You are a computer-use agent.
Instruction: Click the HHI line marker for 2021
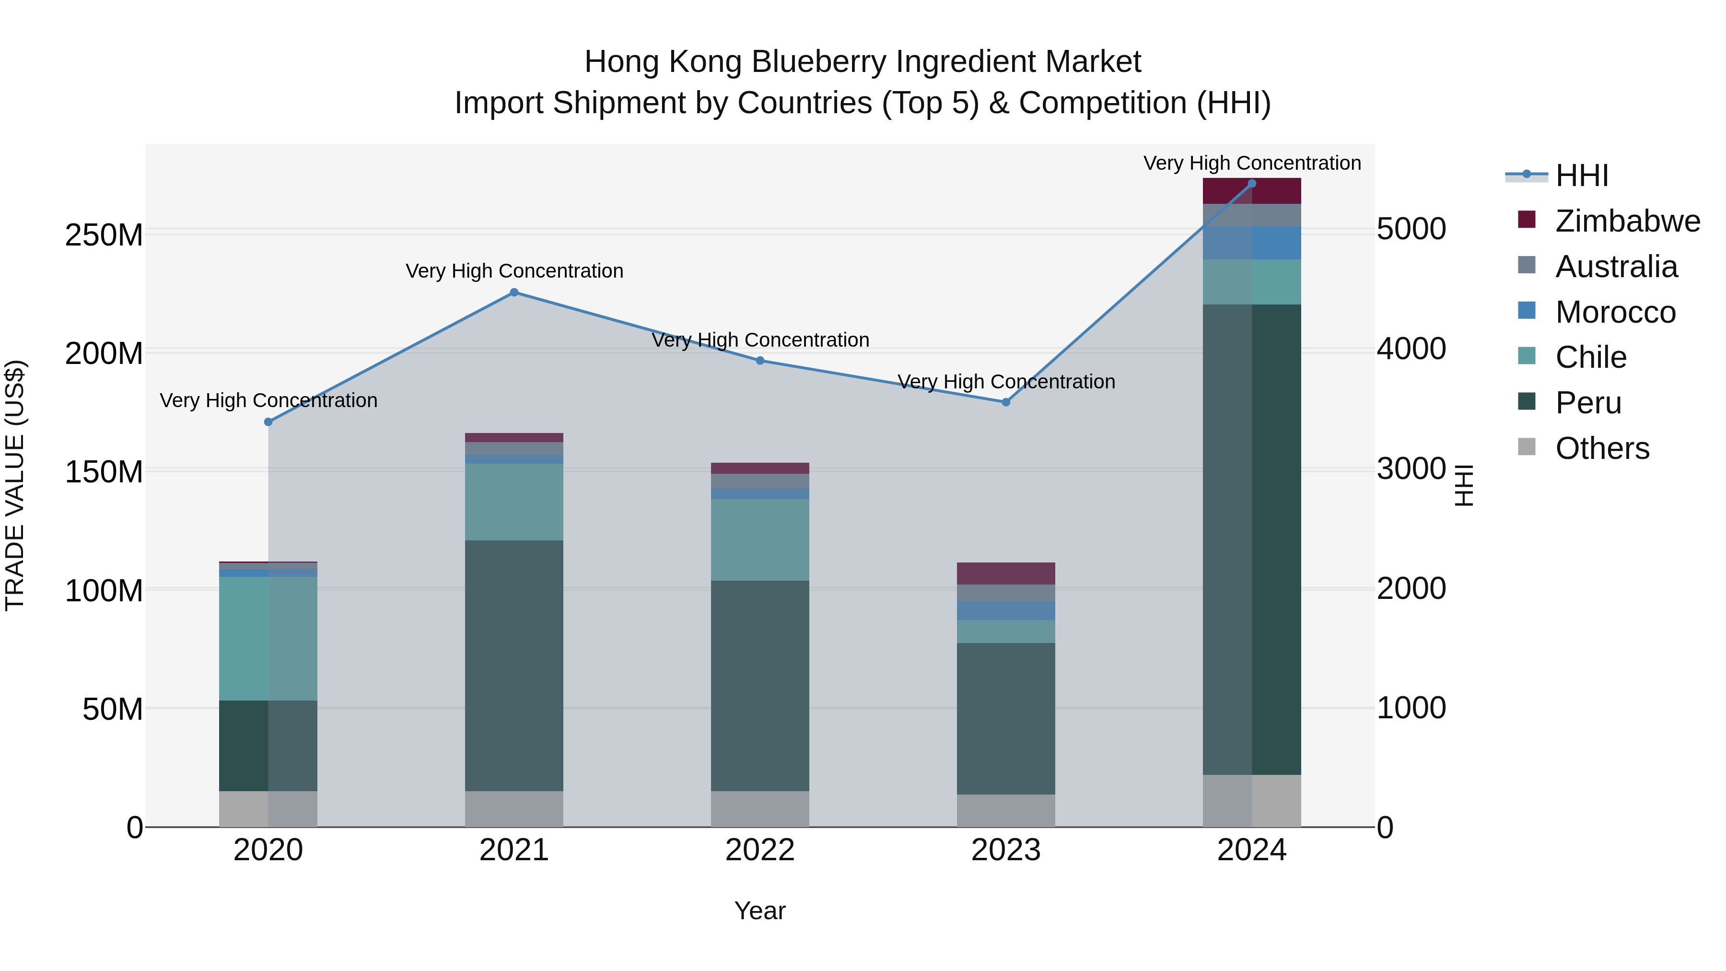[x=514, y=292]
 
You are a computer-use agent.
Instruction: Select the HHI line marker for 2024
[x=1252, y=184]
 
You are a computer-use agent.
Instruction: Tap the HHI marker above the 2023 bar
[x=1006, y=402]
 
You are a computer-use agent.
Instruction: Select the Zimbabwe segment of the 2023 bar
[x=1006, y=573]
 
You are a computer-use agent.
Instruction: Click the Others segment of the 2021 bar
[x=514, y=809]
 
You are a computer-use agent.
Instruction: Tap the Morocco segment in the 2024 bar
[x=1252, y=243]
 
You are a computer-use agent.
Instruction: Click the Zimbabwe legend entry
[x=1627, y=221]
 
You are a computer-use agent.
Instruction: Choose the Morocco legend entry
[x=1615, y=312]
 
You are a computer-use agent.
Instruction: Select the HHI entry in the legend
[x=1581, y=175]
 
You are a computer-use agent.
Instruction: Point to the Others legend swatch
[x=1527, y=446]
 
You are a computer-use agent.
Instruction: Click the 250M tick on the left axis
[x=104, y=236]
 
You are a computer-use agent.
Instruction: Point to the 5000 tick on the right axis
[x=1411, y=229]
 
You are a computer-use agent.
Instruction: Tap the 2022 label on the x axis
[x=760, y=850]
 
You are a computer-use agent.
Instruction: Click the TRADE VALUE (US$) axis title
[x=15, y=485]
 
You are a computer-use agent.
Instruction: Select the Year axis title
[x=760, y=911]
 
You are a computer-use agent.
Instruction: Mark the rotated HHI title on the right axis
[x=1464, y=485]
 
